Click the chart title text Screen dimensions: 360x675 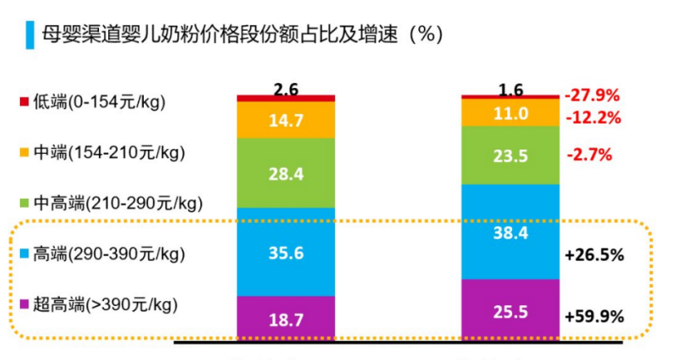coord(241,34)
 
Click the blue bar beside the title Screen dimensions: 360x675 coord(30,34)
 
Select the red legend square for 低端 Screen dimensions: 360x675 coord(24,102)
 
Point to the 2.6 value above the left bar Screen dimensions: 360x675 coord(285,88)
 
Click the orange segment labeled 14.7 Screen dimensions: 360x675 coord(285,121)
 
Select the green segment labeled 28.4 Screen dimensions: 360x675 coord(285,172)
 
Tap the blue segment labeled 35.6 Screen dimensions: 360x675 coord(285,252)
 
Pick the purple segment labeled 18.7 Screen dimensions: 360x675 coord(285,319)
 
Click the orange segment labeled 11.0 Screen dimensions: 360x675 coord(510,113)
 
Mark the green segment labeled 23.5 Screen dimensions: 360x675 coord(510,155)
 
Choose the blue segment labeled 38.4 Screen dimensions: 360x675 coord(510,233)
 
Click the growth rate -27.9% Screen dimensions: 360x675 coord(593,95)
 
